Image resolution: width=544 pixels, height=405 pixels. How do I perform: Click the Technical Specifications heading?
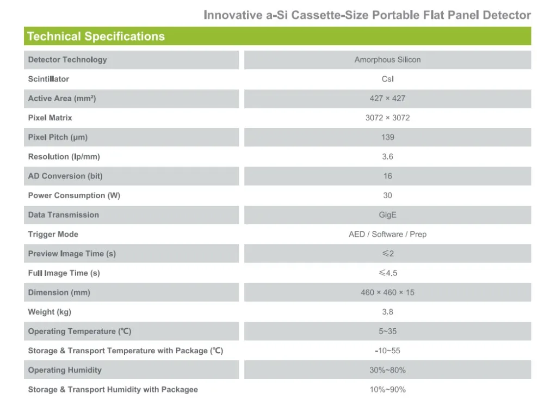point(96,37)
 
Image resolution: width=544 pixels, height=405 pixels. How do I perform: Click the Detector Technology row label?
point(67,60)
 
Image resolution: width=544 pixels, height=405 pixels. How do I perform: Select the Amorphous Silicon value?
point(387,60)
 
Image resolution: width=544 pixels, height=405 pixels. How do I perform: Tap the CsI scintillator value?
point(387,79)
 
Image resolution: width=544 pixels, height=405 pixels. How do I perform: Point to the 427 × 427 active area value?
point(387,99)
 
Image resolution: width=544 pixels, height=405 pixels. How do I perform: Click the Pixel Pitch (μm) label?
point(58,137)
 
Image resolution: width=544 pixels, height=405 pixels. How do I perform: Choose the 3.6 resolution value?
point(387,157)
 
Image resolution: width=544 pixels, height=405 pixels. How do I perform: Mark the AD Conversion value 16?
point(387,176)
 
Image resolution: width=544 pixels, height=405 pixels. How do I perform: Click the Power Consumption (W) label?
point(74,195)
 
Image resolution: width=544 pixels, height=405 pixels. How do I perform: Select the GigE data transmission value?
point(387,215)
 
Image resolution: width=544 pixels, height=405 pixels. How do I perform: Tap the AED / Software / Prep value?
point(387,234)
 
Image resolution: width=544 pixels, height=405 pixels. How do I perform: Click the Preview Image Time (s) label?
point(72,254)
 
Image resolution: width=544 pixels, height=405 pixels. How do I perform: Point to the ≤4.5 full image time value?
point(387,273)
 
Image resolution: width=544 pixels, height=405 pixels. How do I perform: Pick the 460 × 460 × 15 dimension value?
point(387,292)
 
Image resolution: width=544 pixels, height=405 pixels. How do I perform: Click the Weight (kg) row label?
point(50,312)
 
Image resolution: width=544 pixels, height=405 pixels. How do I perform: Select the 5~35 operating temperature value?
point(387,332)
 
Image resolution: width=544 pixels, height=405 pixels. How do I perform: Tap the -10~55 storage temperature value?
point(387,351)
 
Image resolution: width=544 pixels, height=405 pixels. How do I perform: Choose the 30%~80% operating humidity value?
point(387,370)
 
